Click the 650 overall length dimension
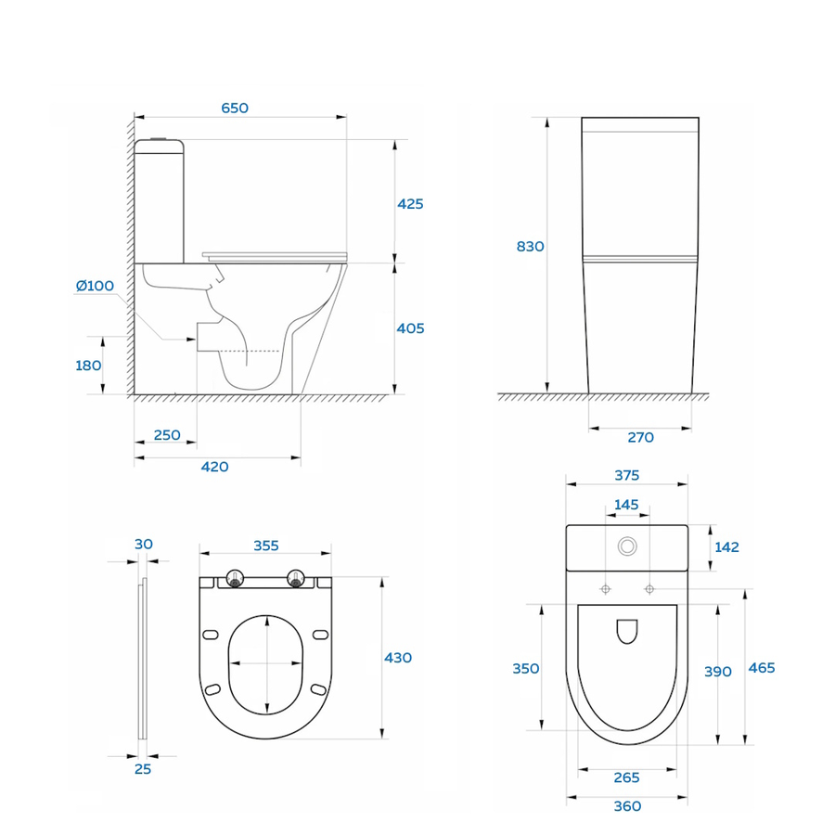coord(235,109)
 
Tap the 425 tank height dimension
coord(410,204)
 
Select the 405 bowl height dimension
coord(411,328)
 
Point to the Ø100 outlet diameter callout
coord(95,286)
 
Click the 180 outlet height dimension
coord(88,366)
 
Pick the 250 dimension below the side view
coord(167,435)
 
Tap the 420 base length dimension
coord(214,467)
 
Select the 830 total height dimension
coord(531,247)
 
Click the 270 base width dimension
coord(640,438)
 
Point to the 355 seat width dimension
coord(266,546)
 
